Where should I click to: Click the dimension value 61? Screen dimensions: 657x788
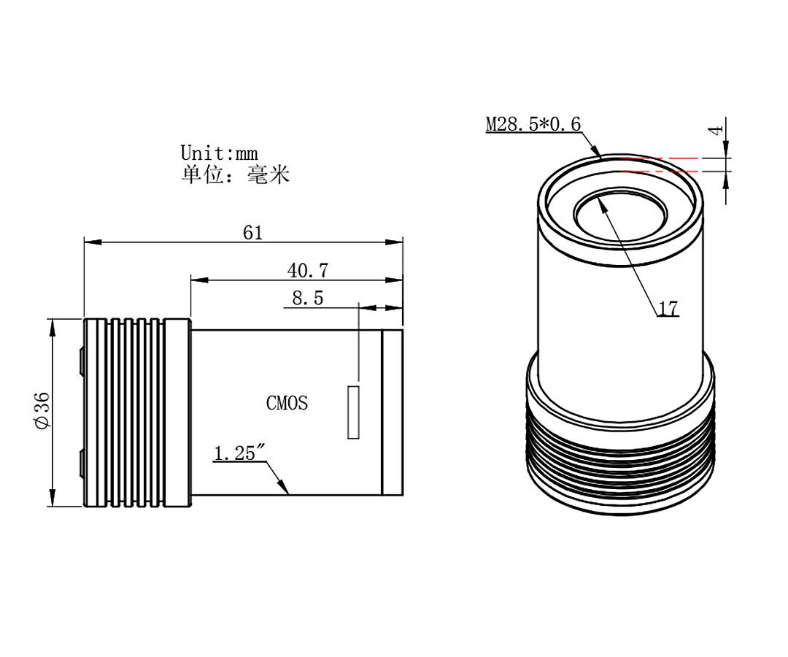pyautogui.click(x=252, y=233)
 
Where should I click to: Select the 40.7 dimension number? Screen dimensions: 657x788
pyautogui.click(x=307, y=271)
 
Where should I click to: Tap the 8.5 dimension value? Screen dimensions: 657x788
pyautogui.click(x=307, y=298)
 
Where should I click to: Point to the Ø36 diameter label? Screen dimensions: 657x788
pyautogui.click(x=42, y=410)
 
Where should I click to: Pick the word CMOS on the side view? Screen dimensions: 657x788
pyautogui.click(x=287, y=403)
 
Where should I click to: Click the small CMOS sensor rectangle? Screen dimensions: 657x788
pyautogui.click(x=353, y=413)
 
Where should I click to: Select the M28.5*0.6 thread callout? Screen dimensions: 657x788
pyautogui.click(x=533, y=124)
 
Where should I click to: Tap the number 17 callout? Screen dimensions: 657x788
pyautogui.click(x=668, y=309)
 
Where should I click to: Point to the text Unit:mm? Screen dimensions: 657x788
pyautogui.click(x=219, y=153)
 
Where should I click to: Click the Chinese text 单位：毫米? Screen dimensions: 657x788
pyautogui.click(x=235, y=174)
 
